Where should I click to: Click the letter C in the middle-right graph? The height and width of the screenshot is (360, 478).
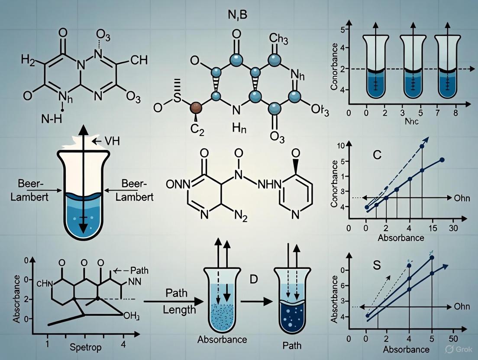click(377, 155)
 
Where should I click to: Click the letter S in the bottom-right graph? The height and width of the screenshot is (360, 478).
click(377, 265)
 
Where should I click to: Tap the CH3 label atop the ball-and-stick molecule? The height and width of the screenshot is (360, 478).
click(279, 39)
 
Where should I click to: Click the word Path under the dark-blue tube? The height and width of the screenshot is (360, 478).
click(292, 345)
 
